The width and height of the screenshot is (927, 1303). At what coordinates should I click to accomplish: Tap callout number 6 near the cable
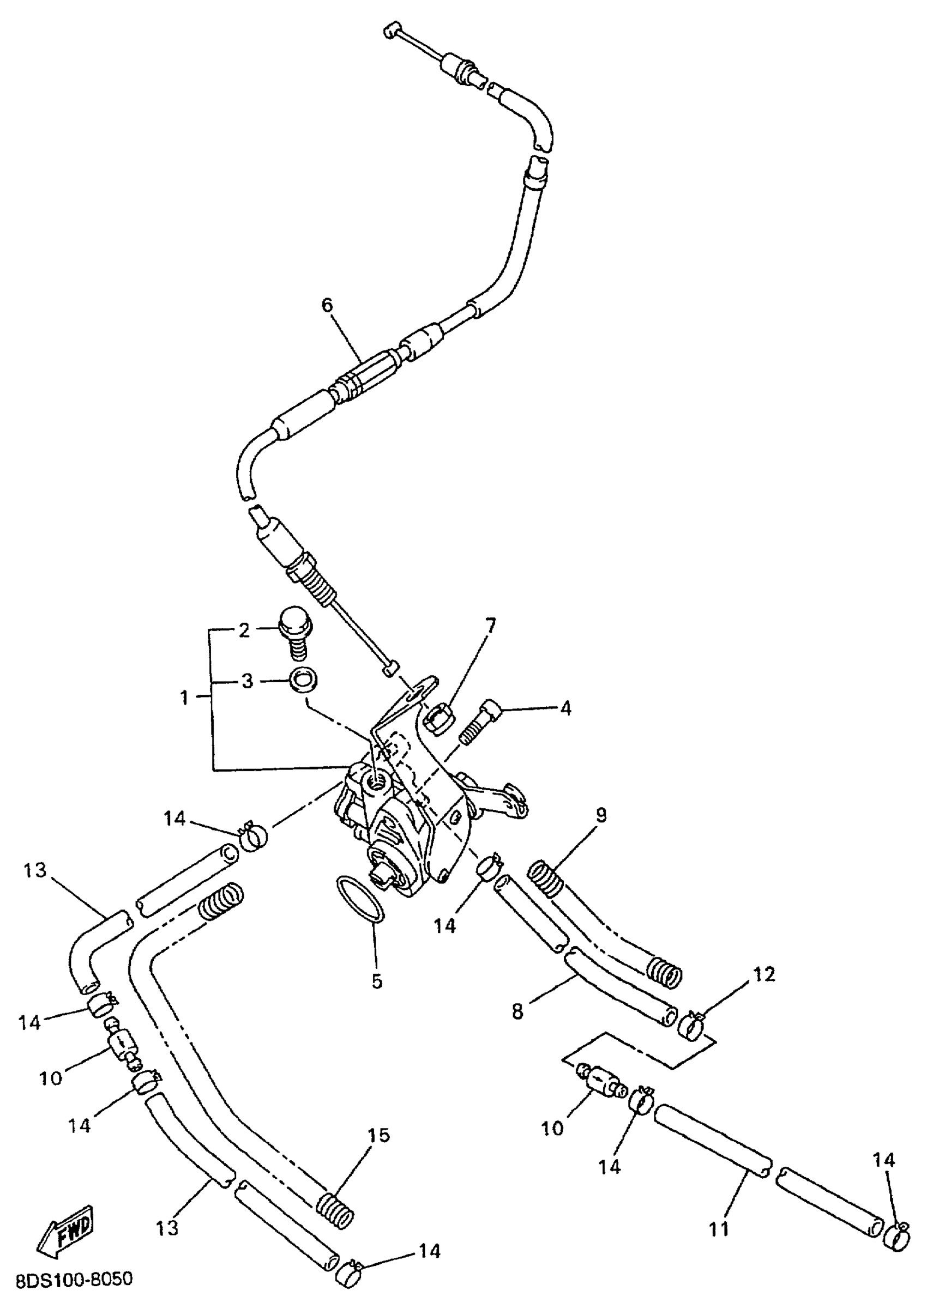click(x=327, y=305)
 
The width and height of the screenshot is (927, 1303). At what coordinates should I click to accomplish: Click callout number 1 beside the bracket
click(x=184, y=698)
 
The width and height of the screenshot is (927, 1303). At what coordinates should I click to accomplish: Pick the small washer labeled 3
click(x=303, y=682)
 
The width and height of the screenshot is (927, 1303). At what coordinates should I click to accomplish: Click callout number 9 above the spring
click(x=601, y=815)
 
